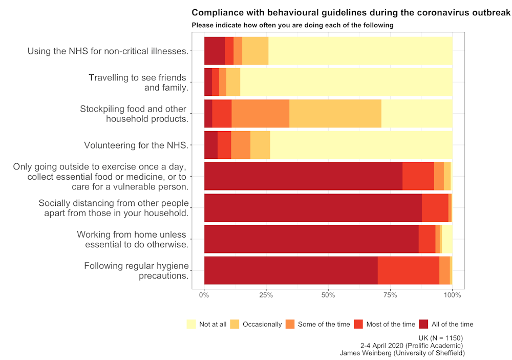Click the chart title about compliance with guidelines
coord(351,12)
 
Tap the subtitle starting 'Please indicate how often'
coord(292,25)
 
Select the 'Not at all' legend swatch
coord(191,324)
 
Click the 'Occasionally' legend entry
coord(262,324)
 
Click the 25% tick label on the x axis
coord(266,295)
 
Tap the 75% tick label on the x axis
coord(390,295)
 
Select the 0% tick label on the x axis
coord(204,295)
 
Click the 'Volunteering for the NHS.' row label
coord(136,145)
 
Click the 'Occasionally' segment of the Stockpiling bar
coord(335,114)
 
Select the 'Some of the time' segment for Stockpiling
coord(260,114)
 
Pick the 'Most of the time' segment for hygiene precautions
coord(408,270)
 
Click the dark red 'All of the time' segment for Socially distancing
coord(313,208)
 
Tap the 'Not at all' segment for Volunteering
coord(361,145)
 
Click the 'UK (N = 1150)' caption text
coord(440,338)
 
